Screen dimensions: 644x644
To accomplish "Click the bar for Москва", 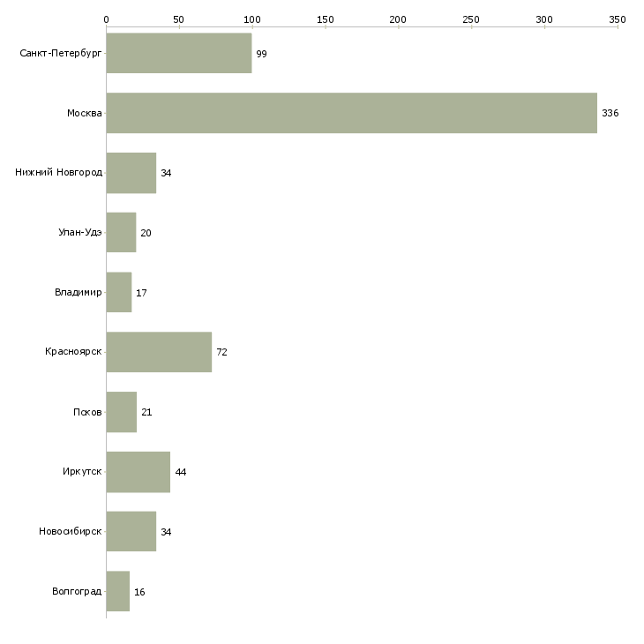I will click(351, 113).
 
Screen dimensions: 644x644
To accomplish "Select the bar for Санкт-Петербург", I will click(178, 53).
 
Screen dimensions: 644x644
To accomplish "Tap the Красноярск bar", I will click(159, 352).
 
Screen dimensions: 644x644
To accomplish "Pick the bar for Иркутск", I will click(138, 472).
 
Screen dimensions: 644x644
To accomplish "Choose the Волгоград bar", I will click(117, 591).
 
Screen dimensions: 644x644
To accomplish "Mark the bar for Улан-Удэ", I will click(121, 232).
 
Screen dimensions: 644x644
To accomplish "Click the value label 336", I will click(610, 113).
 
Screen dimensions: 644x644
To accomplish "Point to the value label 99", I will click(261, 54).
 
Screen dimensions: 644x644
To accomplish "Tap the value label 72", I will click(221, 352).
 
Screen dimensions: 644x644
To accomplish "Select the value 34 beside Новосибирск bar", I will click(166, 532).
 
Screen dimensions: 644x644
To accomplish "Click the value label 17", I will click(141, 293).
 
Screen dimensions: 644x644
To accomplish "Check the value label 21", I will click(146, 412).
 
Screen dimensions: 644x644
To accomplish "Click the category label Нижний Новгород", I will click(58, 172).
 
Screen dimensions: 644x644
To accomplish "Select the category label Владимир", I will click(78, 292).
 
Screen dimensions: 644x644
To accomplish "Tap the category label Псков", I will click(87, 412).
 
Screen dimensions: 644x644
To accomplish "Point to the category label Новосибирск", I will click(70, 531).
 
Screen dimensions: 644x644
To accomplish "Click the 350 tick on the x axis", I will click(618, 19).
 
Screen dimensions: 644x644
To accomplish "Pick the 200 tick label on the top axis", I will click(398, 19).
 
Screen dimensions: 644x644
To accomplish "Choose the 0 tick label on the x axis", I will click(106, 19).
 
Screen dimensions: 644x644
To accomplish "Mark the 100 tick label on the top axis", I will click(252, 19).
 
